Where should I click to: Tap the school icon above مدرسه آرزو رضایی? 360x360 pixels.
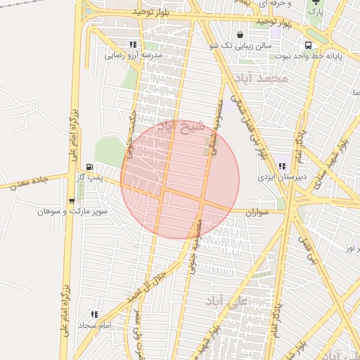[134, 44]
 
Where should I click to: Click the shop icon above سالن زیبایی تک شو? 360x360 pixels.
[241, 34]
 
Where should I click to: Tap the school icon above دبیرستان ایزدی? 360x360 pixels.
[282, 167]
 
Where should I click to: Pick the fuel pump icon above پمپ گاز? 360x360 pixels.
[90, 167]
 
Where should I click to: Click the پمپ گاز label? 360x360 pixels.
[90, 178]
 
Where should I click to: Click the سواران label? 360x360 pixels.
[259, 211]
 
